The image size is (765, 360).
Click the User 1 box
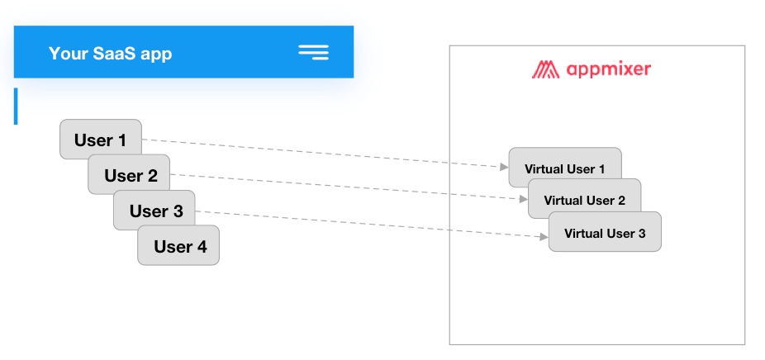pos(100,140)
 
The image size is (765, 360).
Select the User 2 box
pos(130,175)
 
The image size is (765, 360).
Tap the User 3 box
pos(155,211)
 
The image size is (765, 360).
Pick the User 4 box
pos(179,246)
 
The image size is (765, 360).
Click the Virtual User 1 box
pos(564,168)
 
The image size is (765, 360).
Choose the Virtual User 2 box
pos(584,200)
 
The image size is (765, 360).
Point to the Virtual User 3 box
pos(605,233)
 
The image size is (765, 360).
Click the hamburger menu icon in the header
pos(314,53)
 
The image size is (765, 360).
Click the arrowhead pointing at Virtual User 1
pos(504,167)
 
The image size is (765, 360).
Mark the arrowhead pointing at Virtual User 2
pos(524,198)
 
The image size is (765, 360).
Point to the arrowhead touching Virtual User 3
pos(544,237)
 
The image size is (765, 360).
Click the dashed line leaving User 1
pos(322,153)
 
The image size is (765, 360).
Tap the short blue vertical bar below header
pos(16,107)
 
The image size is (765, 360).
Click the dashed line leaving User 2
pos(347,187)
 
